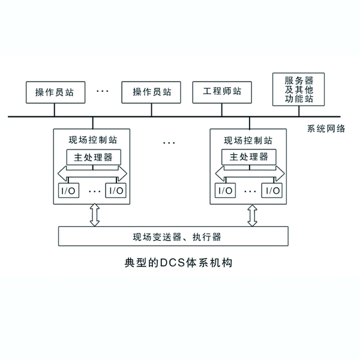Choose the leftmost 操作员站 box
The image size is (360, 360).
[x=55, y=92]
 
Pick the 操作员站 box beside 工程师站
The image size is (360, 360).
[x=152, y=92]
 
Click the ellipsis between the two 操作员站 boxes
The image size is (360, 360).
[x=103, y=91]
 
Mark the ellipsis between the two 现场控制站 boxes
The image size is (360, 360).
[x=169, y=142]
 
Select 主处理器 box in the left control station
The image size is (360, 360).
[x=92, y=157]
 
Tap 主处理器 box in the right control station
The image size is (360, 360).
[x=248, y=157]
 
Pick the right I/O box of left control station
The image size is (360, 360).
[x=116, y=190]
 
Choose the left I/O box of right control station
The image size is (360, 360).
[x=224, y=190]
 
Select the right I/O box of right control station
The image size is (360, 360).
[x=272, y=190]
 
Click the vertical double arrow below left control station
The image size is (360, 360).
[x=94, y=215]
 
